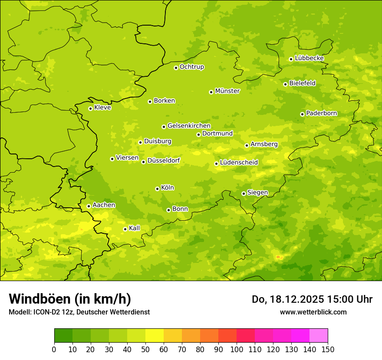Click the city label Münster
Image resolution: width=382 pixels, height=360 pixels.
point(227,91)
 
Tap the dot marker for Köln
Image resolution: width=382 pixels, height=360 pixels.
point(157,189)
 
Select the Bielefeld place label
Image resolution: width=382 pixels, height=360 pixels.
point(302,83)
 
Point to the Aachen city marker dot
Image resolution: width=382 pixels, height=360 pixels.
point(89,206)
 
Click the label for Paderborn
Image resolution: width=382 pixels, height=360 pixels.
point(321,113)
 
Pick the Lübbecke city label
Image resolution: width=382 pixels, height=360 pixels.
point(309,58)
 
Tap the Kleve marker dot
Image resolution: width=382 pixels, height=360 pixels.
point(90,108)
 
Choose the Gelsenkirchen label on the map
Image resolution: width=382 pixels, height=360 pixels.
point(189,126)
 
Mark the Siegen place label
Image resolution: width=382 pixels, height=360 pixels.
point(257,193)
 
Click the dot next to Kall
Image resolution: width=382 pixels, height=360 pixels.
point(125,229)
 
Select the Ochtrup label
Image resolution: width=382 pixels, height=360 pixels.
point(191,67)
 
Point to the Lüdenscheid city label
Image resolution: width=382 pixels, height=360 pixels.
point(239,163)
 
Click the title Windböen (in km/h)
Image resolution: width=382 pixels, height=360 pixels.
point(70,299)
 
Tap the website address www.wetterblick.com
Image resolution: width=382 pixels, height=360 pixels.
point(313,312)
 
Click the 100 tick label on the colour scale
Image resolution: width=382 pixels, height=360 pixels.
point(237,350)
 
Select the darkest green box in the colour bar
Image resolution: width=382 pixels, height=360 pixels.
point(63,336)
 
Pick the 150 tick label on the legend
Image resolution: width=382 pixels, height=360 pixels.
point(328,350)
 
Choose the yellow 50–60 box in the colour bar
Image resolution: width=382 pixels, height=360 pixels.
point(155,336)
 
